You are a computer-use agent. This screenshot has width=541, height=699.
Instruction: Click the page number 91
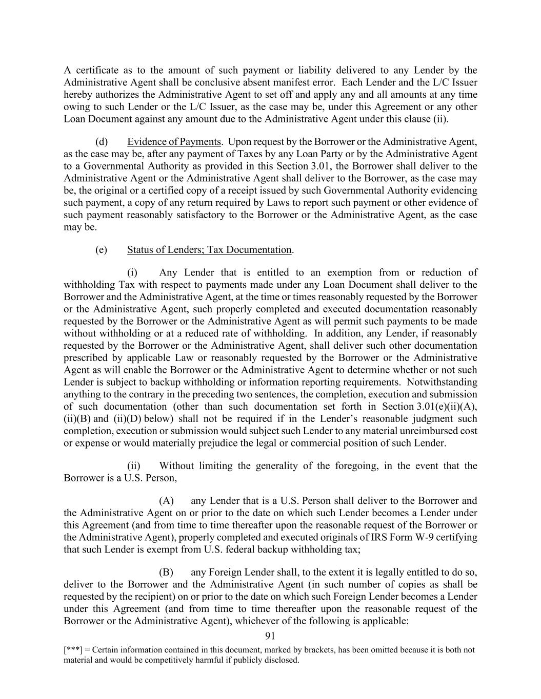coord(270,636)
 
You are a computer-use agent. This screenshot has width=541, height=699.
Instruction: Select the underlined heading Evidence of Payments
coord(174,142)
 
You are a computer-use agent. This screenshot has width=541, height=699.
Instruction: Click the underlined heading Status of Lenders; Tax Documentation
coord(209,250)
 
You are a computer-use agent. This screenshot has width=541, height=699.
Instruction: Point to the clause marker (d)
coord(102,142)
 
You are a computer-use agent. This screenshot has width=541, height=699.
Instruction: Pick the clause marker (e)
coord(102,250)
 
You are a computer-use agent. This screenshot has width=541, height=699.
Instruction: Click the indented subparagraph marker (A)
coord(166,501)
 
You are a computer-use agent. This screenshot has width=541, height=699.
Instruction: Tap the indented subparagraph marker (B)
coord(166,572)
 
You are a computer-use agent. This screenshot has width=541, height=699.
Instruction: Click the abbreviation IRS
coord(391,537)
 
